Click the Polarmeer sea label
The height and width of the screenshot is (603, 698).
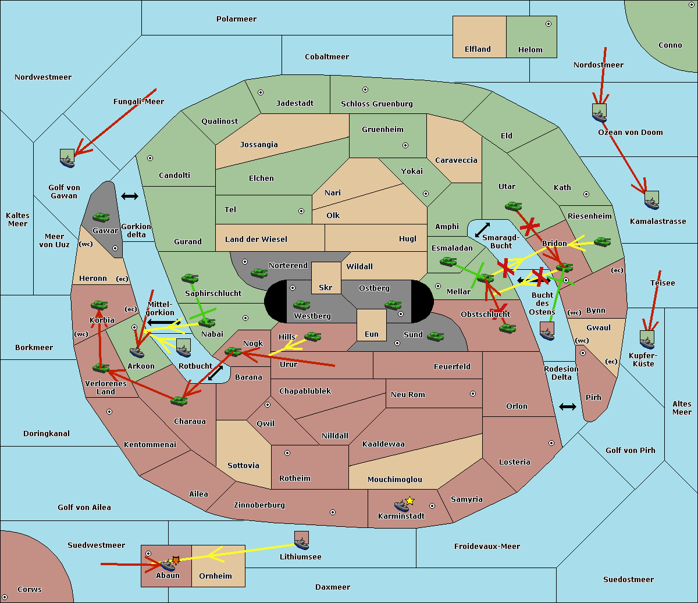click(x=236, y=19)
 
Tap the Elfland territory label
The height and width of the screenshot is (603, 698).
click(x=478, y=49)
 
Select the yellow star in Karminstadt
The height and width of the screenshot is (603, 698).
click(x=410, y=501)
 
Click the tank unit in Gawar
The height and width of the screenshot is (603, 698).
click(x=101, y=217)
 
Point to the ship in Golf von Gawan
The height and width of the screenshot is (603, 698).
click(x=67, y=159)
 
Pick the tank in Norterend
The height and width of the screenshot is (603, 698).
click(x=259, y=273)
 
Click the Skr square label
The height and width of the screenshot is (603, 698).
click(x=326, y=287)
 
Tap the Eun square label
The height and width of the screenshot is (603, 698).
click(x=372, y=334)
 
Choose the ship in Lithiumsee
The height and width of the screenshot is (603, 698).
click(x=301, y=541)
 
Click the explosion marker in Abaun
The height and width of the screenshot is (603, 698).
click(x=175, y=559)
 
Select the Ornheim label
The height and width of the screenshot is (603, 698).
click(x=215, y=576)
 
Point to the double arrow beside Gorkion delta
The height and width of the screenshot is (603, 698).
click(x=129, y=197)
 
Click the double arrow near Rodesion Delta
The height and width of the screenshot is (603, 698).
click(x=568, y=406)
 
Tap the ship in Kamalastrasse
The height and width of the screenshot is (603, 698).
click(x=651, y=201)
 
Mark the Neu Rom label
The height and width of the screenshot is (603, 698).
click(x=408, y=395)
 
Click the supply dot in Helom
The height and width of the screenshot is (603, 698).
click(x=548, y=24)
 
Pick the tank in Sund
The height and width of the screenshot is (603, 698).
click(x=436, y=336)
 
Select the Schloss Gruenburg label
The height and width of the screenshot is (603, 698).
click(x=376, y=104)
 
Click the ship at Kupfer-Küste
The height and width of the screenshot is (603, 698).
click(x=647, y=340)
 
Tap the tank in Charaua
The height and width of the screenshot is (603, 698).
click(x=179, y=401)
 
